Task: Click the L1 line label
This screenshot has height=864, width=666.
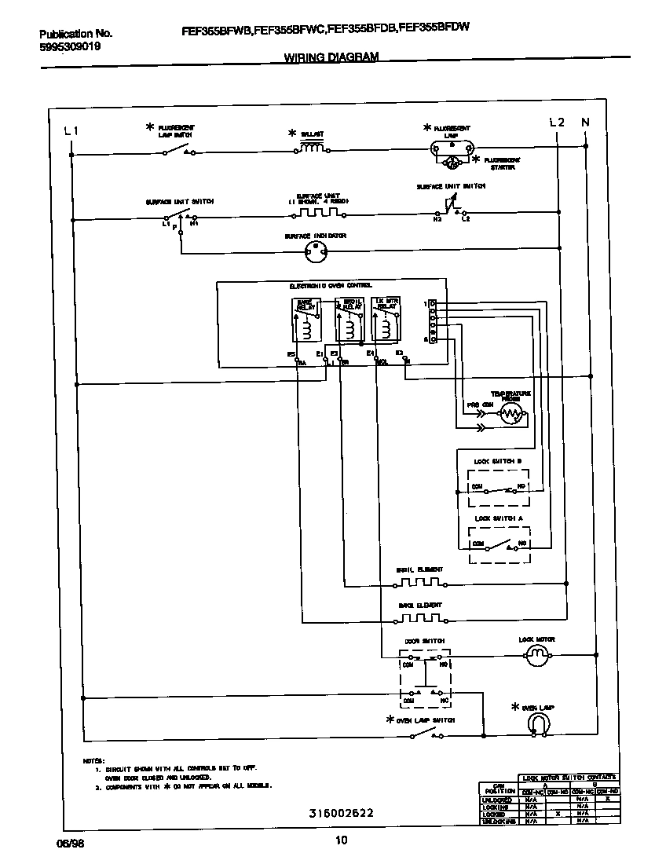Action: point(71,130)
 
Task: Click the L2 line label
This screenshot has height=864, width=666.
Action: point(556,123)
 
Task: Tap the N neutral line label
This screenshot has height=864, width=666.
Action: point(584,123)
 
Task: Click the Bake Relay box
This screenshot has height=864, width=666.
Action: point(306,320)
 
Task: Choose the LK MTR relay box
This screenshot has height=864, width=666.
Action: point(385,320)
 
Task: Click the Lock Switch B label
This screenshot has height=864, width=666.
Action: point(497,460)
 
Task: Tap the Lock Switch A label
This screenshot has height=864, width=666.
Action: point(497,518)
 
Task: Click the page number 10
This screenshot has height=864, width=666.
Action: point(341,840)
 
